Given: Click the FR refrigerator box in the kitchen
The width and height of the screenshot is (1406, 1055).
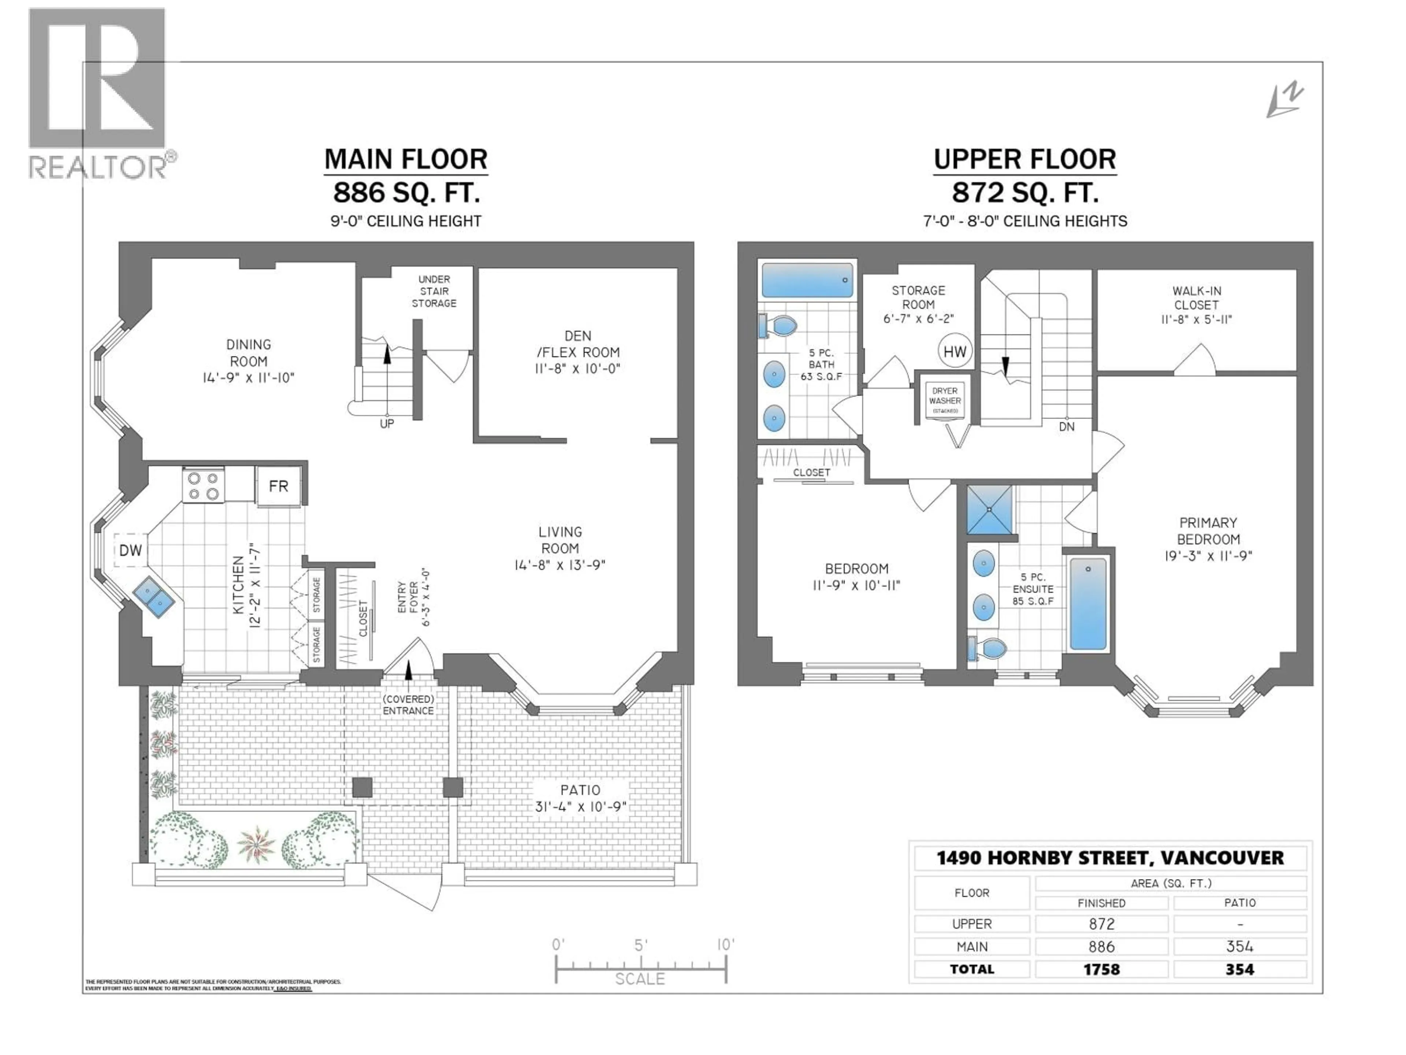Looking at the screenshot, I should tap(278, 486).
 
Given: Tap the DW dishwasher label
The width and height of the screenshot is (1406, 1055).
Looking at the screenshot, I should tap(131, 550).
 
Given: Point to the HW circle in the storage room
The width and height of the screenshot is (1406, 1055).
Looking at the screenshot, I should tap(955, 351).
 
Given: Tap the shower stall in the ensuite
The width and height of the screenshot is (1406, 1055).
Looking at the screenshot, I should tap(989, 510).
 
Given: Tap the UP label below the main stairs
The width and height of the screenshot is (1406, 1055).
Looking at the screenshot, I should tap(386, 423).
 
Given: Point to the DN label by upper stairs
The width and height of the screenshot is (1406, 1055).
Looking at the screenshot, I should tap(1067, 427).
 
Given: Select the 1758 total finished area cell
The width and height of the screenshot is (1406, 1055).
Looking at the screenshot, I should tap(1101, 970).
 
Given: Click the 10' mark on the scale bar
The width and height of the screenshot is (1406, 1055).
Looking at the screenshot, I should tap(725, 945).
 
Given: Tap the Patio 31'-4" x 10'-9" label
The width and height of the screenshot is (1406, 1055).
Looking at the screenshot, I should tap(580, 798).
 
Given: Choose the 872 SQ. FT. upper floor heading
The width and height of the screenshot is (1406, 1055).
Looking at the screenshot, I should tap(1024, 192).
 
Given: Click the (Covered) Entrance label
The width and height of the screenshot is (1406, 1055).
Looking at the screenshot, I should tap(408, 704).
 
